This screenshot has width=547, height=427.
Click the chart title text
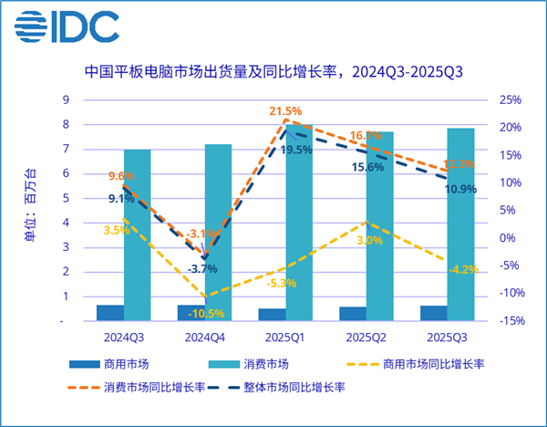pyautogui.click(x=273, y=71)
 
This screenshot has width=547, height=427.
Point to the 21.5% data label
pyautogui.click(x=284, y=111)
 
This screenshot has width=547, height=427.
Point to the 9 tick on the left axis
pyautogui.click(x=65, y=99)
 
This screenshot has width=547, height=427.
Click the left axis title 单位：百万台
pyautogui.click(x=30, y=210)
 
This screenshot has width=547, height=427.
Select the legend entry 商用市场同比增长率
pyautogui.click(x=433, y=364)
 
